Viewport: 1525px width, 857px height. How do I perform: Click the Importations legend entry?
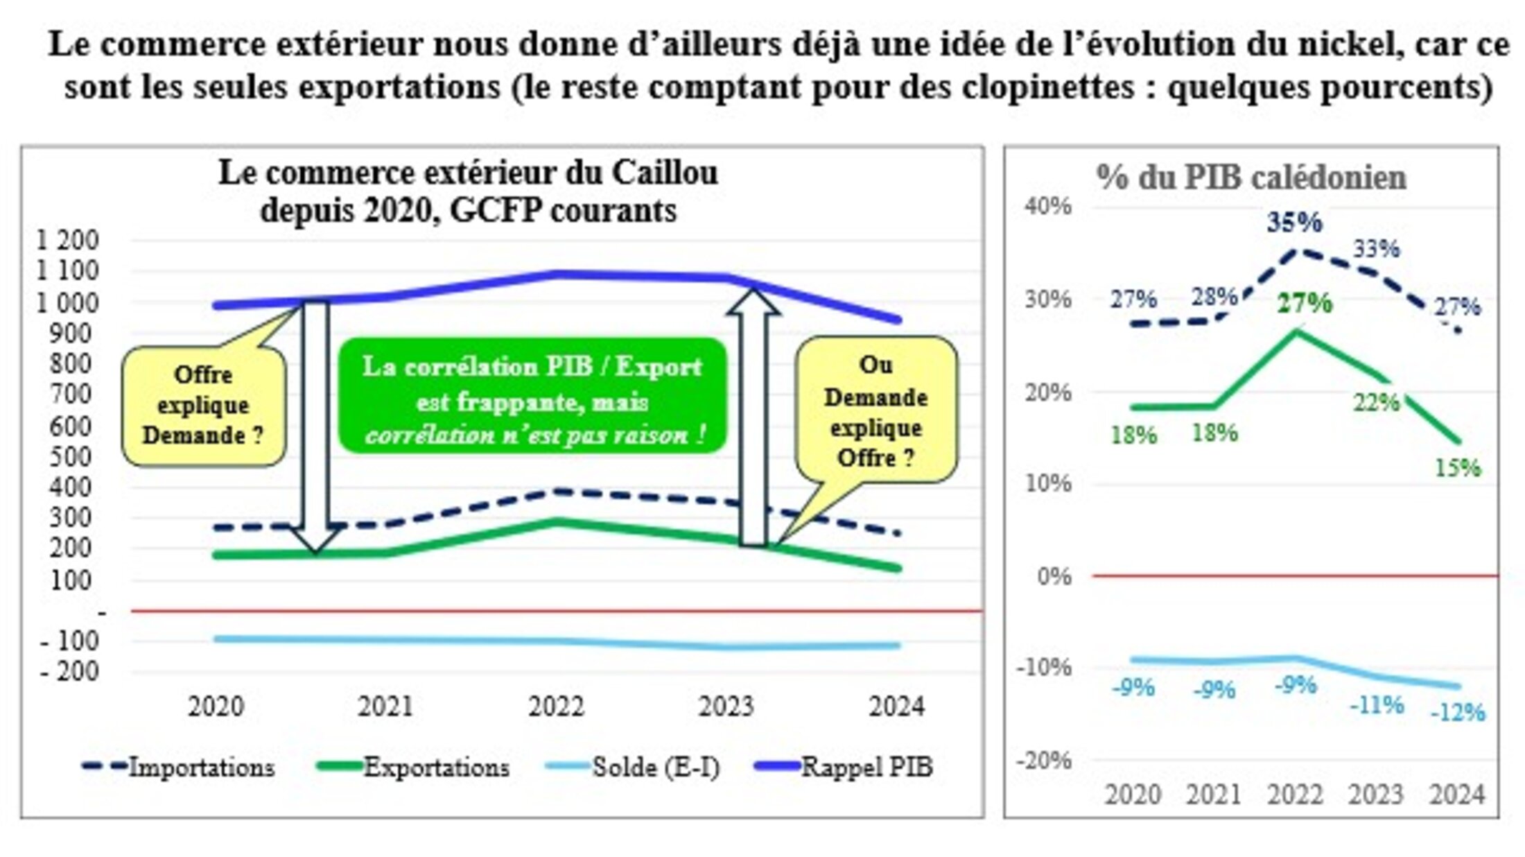point(178,767)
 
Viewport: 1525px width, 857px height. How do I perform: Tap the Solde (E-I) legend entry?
point(634,767)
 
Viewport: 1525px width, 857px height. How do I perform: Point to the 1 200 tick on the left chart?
point(68,241)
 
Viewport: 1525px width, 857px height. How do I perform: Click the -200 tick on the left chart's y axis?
point(69,671)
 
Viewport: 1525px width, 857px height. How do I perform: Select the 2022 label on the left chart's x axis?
point(556,707)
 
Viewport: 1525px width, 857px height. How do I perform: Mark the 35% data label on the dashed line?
point(1294,223)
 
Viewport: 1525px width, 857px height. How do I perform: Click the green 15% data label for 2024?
point(1457,468)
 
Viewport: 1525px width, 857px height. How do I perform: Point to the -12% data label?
point(1458,712)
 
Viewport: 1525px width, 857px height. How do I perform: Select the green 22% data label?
point(1376,402)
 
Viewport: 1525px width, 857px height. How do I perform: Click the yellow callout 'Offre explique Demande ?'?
point(203,406)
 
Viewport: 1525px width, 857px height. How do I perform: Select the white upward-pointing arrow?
point(753,416)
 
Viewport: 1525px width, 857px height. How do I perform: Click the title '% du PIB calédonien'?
point(1251,178)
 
